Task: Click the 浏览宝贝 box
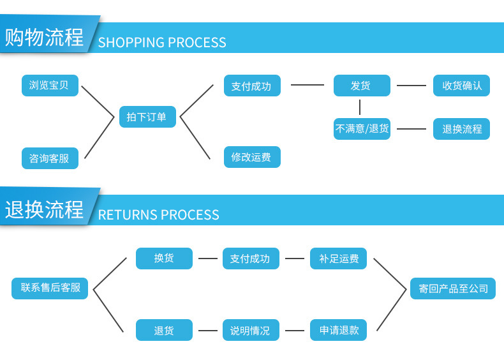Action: (50, 86)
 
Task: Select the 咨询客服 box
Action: (50, 158)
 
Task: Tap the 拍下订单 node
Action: (147, 117)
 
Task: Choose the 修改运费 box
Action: (251, 157)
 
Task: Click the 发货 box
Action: (361, 86)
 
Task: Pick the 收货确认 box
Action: (462, 86)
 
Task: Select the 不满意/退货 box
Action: (362, 128)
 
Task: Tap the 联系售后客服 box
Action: (50, 288)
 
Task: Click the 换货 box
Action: (164, 259)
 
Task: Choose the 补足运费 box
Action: (339, 259)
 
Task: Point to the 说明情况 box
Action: (251, 331)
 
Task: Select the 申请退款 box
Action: (339, 331)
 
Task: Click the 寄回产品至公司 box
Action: (453, 289)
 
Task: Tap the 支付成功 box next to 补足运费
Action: (251, 259)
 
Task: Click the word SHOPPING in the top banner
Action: (131, 43)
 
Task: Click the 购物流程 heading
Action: (45, 37)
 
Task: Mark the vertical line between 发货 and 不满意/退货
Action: (360, 107)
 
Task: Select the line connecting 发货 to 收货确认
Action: (411, 86)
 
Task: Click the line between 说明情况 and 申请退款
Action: (295, 331)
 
